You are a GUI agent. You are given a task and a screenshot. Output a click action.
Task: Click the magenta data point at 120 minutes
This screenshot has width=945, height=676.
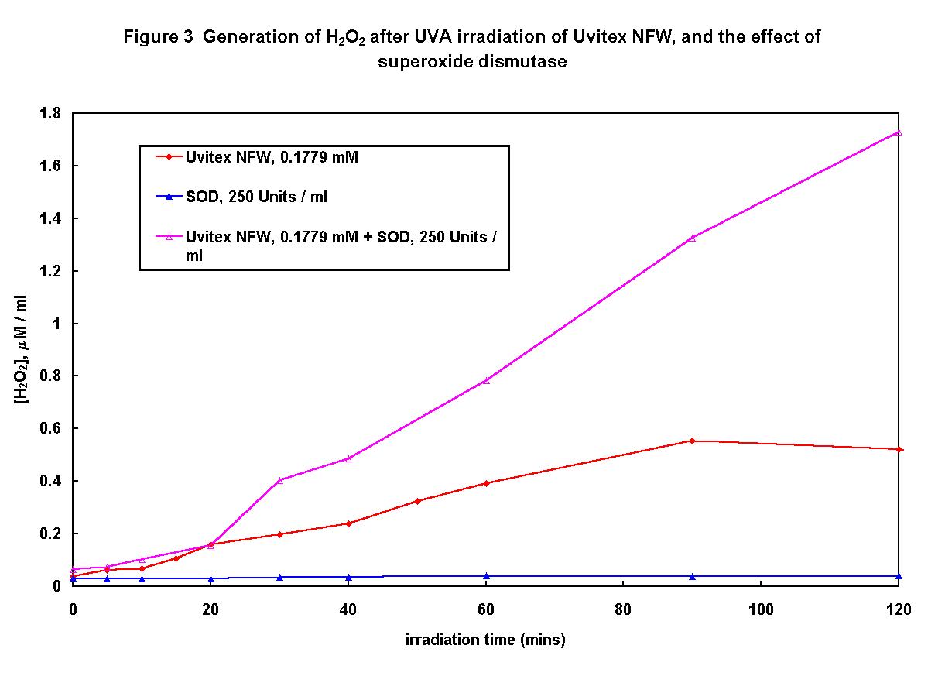(899, 132)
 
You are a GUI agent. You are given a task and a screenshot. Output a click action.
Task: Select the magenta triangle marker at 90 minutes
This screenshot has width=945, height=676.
(692, 238)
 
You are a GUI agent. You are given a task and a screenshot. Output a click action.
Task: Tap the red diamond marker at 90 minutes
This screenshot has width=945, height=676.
(692, 441)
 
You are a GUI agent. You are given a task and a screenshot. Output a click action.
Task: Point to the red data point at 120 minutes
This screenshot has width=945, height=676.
(899, 449)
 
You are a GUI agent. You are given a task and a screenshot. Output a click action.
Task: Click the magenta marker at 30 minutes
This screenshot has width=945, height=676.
(279, 480)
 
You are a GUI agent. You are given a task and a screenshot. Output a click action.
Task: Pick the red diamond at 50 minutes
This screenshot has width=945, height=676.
(417, 501)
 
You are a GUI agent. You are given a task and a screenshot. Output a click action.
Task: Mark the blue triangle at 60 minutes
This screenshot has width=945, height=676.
(486, 576)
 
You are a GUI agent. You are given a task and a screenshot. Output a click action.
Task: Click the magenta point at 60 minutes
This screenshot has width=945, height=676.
(486, 380)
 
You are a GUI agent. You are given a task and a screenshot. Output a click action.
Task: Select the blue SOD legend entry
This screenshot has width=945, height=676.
(255, 197)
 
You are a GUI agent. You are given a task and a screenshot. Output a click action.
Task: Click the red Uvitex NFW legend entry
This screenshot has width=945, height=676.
(271, 157)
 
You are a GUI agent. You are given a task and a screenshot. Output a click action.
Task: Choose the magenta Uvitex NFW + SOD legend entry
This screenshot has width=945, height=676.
(341, 237)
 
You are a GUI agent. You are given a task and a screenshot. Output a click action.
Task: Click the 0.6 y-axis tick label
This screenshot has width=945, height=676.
(50, 428)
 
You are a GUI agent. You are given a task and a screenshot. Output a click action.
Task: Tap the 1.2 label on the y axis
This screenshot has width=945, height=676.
(50, 271)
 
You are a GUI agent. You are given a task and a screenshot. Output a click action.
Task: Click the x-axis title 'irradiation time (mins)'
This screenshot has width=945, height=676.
(485, 640)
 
